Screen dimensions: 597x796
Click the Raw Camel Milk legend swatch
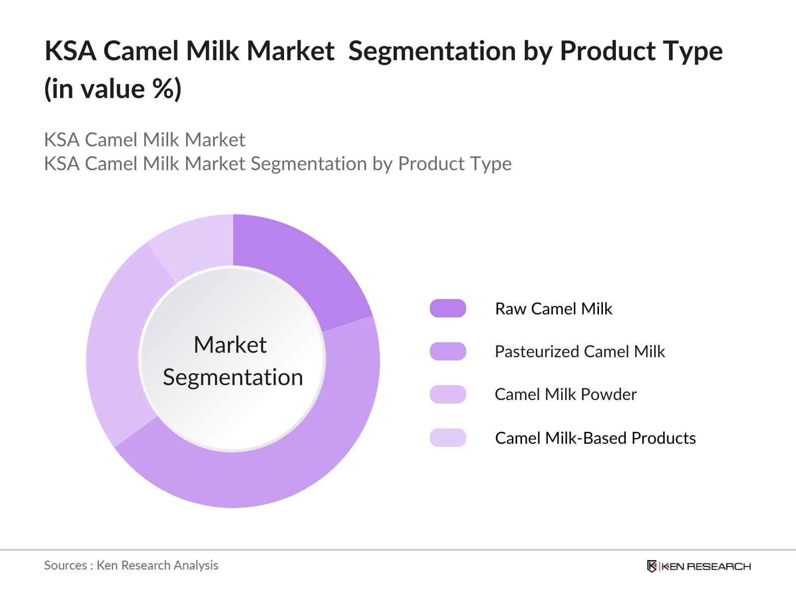tap(448, 308)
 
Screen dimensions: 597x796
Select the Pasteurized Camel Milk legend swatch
tap(448, 351)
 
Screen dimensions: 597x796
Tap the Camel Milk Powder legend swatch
tap(448, 394)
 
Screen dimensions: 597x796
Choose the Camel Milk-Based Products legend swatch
tap(448, 438)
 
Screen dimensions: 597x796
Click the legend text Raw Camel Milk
tap(553, 308)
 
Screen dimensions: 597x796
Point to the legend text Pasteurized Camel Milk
tap(580, 351)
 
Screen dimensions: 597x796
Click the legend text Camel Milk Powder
tap(566, 394)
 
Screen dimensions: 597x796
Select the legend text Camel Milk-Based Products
tap(595, 438)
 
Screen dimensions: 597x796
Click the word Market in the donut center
tap(230, 344)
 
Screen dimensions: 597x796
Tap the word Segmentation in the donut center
tap(233, 377)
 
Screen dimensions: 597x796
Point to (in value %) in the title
tap(113, 90)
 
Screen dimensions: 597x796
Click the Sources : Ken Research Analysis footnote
tap(131, 565)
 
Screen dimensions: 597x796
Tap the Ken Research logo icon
tap(652, 566)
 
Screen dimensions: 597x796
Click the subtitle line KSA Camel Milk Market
tap(144, 140)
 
